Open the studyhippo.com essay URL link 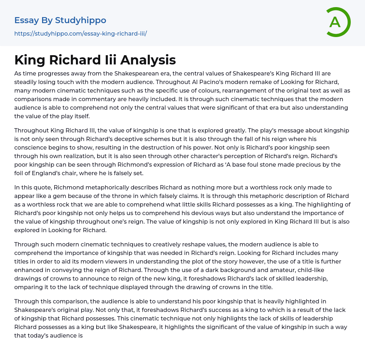pos(81,33)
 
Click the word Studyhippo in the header pos(81,20)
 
